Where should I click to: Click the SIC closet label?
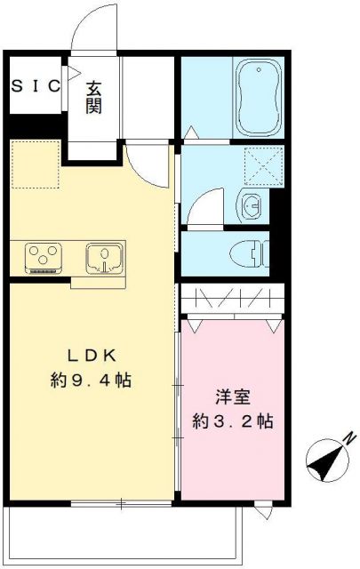point(36,86)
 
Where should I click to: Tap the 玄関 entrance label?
point(94,97)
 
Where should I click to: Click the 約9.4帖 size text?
point(91,381)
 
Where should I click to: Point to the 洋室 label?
point(233,394)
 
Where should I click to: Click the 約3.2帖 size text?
point(233,420)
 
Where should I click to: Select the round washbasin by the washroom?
point(252,205)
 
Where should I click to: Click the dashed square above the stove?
point(33,164)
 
